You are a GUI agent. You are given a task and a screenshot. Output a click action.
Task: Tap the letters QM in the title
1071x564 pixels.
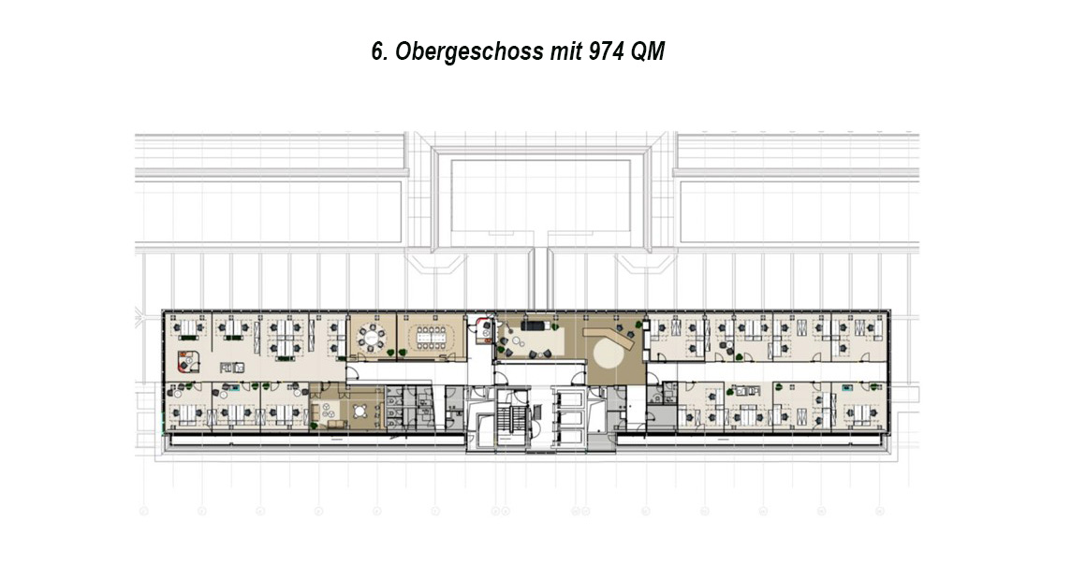[647, 51]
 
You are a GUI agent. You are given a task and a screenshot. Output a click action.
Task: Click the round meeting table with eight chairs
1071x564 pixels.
[373, 336]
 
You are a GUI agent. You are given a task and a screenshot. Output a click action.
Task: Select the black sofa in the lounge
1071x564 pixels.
[535, 320]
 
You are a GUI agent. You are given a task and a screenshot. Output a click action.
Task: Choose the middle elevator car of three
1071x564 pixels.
[569, 418]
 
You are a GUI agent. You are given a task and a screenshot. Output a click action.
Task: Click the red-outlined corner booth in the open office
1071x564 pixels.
[186, 360]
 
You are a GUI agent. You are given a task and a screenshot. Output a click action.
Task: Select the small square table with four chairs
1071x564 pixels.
[359, 411]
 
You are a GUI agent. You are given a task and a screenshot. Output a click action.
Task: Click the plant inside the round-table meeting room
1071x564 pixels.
[390, 353]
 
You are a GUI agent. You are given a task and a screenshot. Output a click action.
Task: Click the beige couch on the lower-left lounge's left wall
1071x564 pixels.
[315, 412]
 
